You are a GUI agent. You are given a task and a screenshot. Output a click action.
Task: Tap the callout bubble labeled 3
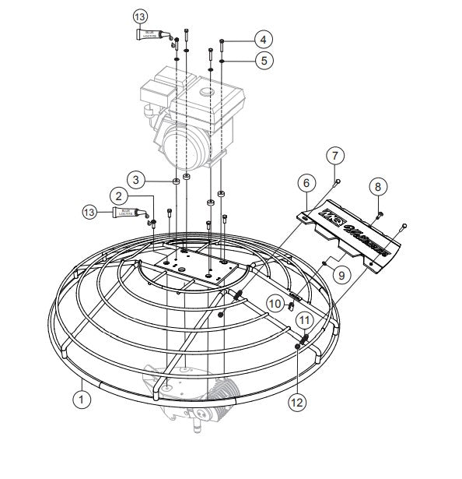137,180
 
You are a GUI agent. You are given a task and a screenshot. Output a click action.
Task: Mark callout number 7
334,155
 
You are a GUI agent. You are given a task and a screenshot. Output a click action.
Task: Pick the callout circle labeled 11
305,319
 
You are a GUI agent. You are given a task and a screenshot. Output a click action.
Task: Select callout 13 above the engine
139,16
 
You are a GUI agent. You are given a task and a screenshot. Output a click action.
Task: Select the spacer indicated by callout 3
177,181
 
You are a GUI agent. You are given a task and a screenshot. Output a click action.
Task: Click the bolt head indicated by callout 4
223,41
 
